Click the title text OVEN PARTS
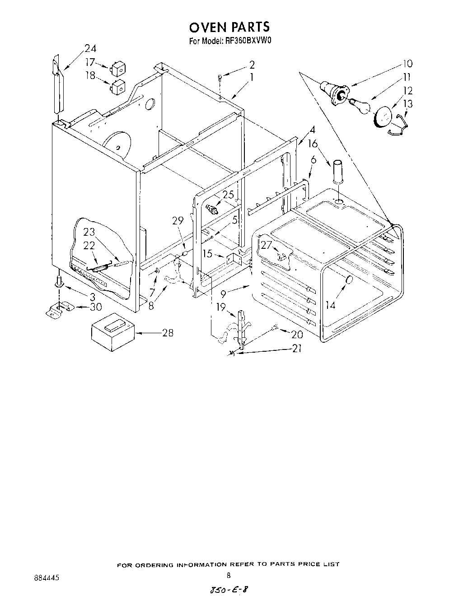[x=229, y=28]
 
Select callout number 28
[x=168, y=333]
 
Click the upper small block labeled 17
[x=117, y=69]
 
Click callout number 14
[x=331, y=305]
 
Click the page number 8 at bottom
[x=229, y=575]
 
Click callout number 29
[x=178, y=221]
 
